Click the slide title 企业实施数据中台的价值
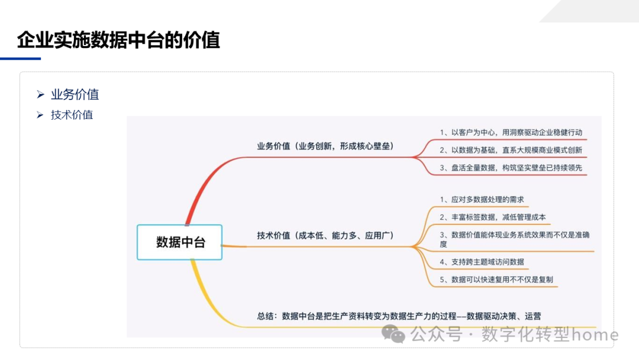point(118,40)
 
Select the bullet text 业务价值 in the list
point(75,94)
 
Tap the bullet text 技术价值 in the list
point(72,115)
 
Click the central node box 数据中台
point(180,242)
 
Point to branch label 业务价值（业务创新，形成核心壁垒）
point(325,146)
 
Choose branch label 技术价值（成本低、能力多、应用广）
point(325,235)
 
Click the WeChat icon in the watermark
point(393,333)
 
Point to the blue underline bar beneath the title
point(20,59)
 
